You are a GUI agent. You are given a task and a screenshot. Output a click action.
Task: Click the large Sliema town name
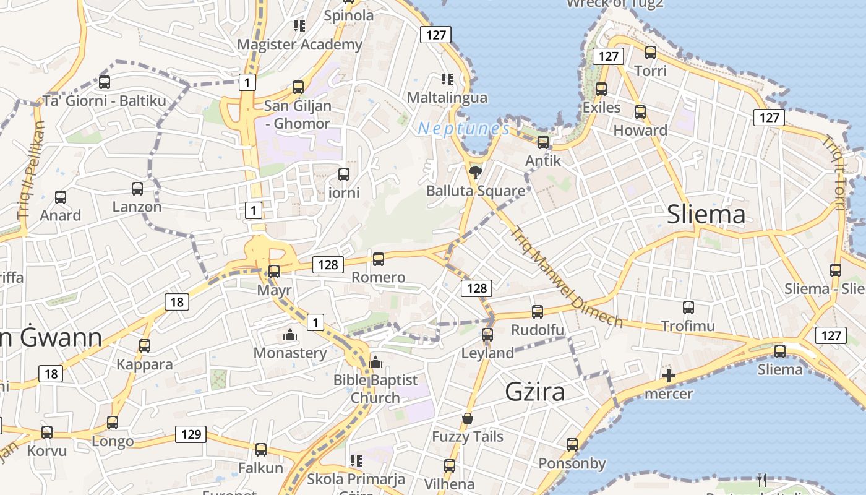tap(706, 215)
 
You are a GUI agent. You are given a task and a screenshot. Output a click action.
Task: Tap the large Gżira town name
tap(535, 392)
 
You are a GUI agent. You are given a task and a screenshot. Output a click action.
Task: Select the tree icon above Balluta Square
tap(475, 172)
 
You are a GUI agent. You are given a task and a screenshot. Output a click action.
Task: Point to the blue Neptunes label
tap(463, 129)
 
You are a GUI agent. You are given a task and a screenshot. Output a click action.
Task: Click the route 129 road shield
tap(191, 434)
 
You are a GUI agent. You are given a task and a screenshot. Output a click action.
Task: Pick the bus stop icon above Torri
tap(650, 53)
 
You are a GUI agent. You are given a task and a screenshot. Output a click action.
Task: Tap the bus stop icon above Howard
tap(640, 112)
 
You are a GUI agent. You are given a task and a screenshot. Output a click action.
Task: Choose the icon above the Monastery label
tap(289, 335)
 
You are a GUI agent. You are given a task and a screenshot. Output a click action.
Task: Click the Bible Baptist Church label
tap(375, 389)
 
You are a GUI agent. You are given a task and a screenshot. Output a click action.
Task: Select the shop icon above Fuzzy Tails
tap(468, 418)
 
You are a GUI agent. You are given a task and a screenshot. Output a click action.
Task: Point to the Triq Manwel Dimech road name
tap(565, 276)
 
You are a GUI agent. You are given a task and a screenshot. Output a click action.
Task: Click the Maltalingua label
tap(447, 98)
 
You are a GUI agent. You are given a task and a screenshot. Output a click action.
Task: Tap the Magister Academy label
tap(299, 45)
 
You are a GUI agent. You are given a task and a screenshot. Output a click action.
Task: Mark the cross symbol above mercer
tap(668, 376)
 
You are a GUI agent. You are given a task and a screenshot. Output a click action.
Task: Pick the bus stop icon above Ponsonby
tap(572, 445)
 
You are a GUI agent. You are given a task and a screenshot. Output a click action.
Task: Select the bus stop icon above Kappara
tap(145, 346)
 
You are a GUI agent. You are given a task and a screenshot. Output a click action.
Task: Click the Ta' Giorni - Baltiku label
tap(105, 100)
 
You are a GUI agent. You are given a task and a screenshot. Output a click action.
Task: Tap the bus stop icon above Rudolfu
tap(538, 312)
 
